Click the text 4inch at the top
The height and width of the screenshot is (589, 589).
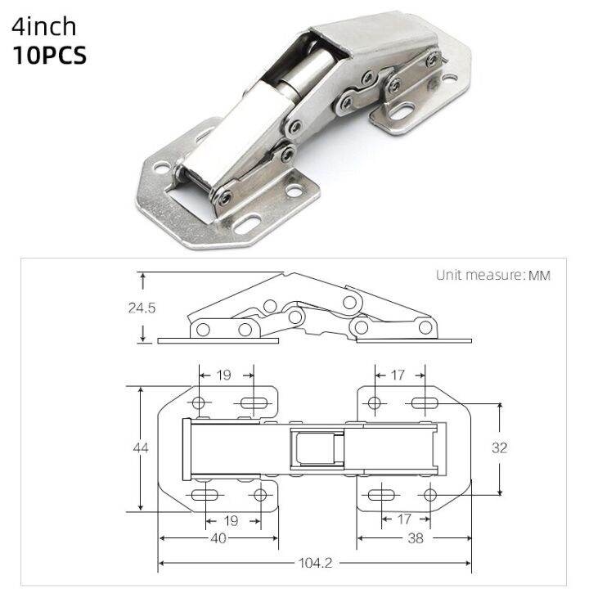55,26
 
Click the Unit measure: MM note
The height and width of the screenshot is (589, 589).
492,275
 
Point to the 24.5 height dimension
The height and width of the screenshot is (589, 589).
142,308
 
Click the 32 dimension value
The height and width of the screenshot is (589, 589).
501,447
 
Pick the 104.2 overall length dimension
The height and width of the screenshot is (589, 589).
314,564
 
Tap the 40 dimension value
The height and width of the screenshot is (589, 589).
218,538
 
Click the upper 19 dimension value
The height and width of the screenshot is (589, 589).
224,375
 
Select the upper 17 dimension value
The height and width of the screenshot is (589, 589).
398,375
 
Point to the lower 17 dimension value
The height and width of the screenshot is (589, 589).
403,519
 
